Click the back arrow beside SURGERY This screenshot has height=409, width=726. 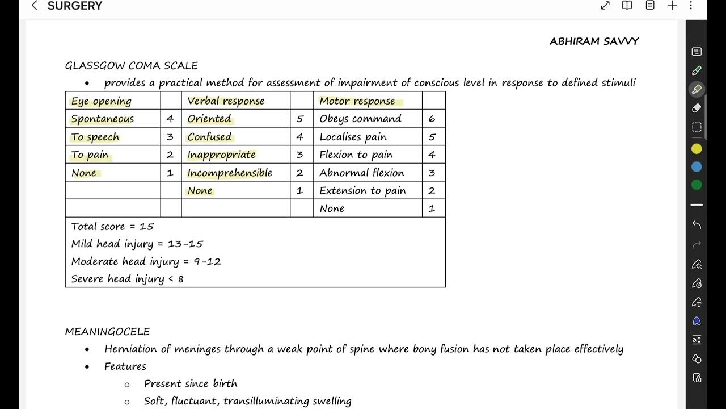pyautogui.click(x=35, y=6)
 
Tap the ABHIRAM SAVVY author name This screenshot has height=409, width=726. pyautogui.click(x=594, y=41)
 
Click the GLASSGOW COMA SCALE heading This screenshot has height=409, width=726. pyautogui.click(x=131, y=65)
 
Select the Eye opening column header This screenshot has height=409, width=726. pyautogui.click(x=101, y=101)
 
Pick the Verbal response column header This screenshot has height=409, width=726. pyautogui.click(x=226, y=101)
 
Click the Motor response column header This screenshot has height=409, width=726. pyautogui.click(x=357, y=101)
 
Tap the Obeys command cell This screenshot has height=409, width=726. pyautogui.click(x=360, y=119)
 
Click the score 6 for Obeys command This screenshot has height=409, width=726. pyautogui.click(x=432, y=119)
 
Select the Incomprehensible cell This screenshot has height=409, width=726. pyautogui.click(x=230, y=173)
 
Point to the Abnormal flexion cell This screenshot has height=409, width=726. pyautogui.click(x=362, y=173)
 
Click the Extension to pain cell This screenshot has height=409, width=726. pyautogui.click(x=362, y=191)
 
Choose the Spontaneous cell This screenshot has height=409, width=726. pyautogui.click(x=102, y=119)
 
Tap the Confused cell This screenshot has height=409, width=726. pyautogui.click(x=209, y=137)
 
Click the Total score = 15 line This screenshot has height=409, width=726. pyautogui.click(x=112, y=226)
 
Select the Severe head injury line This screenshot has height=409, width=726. pyautogui.click(x=127, y=279)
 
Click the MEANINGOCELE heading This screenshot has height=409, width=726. pyautogui.click(x=107, y=332)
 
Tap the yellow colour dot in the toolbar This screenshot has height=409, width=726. pyautogui.click(x=697, y=149)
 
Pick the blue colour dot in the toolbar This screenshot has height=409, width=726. pyautogui.click(x=697, y=167)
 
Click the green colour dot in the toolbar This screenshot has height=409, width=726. pyautogui.click(x=697, y=185)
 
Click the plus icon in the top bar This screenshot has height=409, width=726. pyautogui.click(x=672, y=6)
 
